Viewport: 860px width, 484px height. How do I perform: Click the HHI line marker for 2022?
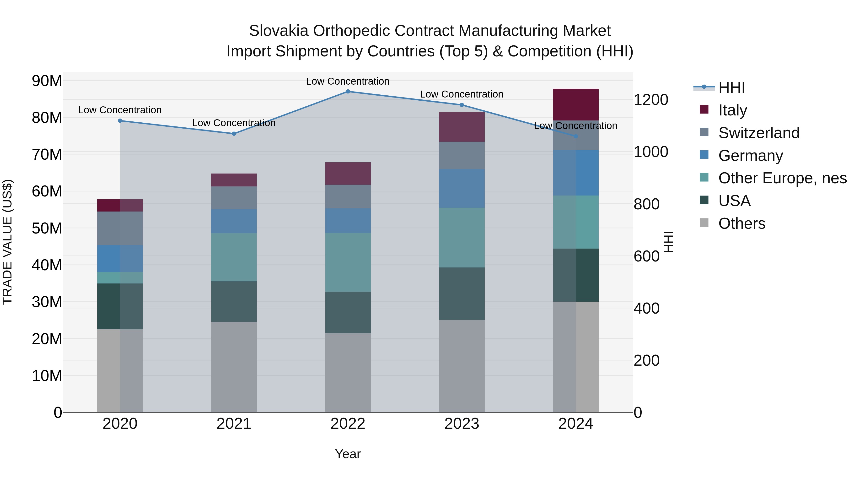click(x=348, y=92)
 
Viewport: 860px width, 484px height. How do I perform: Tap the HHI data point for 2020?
click(x=120, y=121)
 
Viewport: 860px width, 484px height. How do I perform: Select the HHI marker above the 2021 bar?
click(x=234, y=134)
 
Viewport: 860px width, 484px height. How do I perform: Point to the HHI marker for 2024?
click(x=575, y=136)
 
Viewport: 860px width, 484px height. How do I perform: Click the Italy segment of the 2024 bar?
click(x=575, y=104)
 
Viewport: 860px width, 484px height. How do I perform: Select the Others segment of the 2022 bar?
click(x=348, y=372)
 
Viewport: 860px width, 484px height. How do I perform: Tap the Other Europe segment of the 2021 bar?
click(x=234, y=257)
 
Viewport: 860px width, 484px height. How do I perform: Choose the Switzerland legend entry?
click(x=758, y=133)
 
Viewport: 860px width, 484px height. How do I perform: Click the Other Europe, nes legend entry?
click(x=782, y=178)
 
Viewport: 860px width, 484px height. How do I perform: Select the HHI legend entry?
click(x=731, y=87)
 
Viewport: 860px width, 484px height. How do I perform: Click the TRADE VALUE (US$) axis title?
click(x=7, y=242)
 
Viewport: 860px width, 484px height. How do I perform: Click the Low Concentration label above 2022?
click(x=348, y=82)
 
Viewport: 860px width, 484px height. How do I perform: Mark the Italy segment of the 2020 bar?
click(x=120, y=205)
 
